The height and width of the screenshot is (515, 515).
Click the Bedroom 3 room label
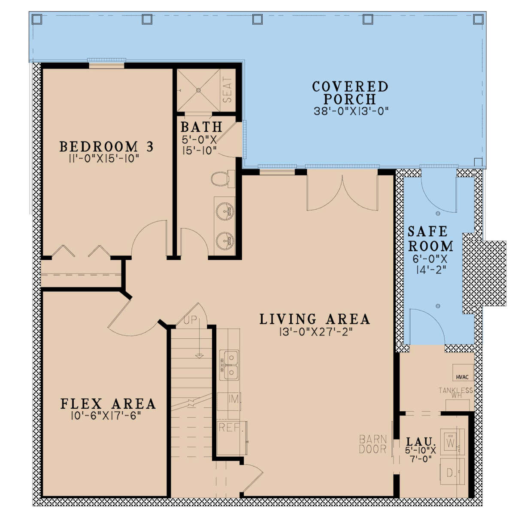(x=106, y=147)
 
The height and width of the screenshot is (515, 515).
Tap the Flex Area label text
(x=108, y=404)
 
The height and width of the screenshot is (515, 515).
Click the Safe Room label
(x=430, y=239)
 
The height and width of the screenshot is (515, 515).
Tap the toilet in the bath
(x=223, y=179)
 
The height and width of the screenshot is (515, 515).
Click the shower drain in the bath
(x=198, y=90)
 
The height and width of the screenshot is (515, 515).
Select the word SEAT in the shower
(x=227, y=90)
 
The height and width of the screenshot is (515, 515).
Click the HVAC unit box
(x=463, y=372)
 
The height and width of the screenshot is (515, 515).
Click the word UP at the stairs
(x=191, y=319)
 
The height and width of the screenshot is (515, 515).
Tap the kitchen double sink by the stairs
(x=229, y=365)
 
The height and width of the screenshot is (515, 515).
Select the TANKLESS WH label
(x=456, y=393)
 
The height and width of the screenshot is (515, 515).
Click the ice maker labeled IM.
(x=229, y=401)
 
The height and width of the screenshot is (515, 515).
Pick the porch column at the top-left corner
(x=36, y=19)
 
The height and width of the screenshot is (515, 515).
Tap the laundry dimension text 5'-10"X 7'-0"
(x=421, y=451)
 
